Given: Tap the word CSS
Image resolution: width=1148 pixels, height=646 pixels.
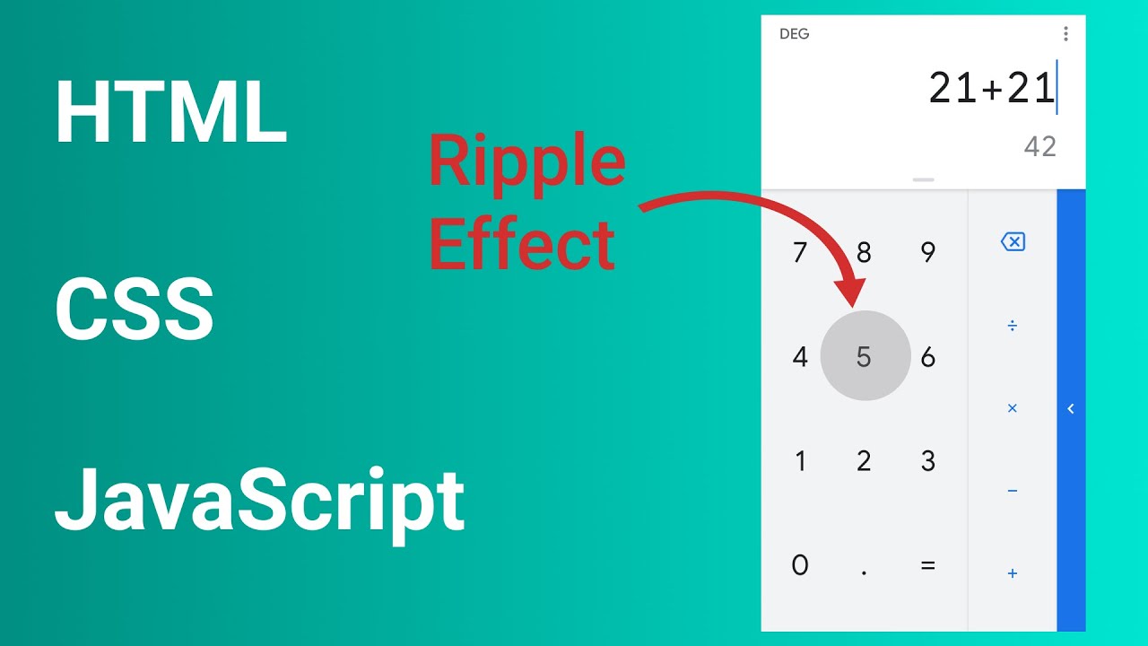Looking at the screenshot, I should click(135, 310).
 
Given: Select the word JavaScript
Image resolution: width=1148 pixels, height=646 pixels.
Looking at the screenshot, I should click(259, 501).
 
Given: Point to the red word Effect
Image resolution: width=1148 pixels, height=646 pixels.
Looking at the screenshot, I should click(522, 244).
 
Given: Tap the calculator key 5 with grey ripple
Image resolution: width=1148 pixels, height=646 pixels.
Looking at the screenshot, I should click(865, 357).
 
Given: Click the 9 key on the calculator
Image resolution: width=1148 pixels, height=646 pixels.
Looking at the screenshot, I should click(928, 253).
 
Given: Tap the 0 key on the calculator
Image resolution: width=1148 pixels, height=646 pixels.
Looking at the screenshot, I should click(800, 565).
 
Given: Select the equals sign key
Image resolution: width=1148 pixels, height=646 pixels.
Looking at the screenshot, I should click(928, 565).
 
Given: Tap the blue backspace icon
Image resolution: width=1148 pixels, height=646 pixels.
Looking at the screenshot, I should click(1013, 241).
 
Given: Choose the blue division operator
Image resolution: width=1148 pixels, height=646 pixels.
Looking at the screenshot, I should click(1013, 325).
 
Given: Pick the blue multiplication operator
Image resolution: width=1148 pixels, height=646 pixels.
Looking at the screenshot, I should click(1013, 408).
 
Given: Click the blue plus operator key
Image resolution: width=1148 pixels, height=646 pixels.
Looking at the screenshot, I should click(1013, 573).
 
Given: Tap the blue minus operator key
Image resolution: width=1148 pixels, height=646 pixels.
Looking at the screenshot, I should click(1013, 491).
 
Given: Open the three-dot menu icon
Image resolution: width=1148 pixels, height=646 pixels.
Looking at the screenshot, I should click(1065, 34).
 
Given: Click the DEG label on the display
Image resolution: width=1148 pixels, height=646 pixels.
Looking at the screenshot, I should click(795, 34).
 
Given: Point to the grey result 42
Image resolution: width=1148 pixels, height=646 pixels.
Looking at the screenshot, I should click(1040, 147).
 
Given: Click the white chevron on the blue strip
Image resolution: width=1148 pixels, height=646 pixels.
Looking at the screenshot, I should click(1071, 409).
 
